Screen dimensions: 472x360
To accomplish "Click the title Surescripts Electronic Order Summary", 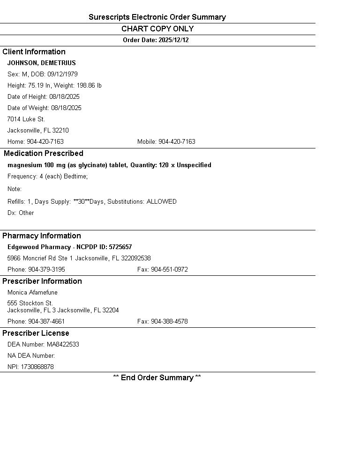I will pos(157,17).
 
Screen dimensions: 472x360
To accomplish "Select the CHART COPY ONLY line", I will pos(157,29).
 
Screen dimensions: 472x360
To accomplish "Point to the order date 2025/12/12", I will pos(173,40).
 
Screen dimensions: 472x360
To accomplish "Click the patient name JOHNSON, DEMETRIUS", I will pos(41,63).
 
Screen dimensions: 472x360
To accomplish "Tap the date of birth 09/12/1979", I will pos(62,74).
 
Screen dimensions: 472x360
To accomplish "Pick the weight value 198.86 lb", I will pos(89,86).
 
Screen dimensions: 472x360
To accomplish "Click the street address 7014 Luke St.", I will pos(26,119).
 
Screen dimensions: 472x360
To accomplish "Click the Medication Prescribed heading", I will pos(44,154).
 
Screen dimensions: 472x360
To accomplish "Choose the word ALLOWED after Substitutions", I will pos(162,202).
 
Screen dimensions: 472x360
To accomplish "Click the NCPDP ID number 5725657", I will pos(120,247).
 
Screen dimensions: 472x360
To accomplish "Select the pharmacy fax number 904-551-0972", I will pos(169,270).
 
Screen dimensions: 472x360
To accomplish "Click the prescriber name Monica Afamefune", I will pos(32,293).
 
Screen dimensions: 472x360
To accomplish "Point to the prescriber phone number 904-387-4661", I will pos(46,322).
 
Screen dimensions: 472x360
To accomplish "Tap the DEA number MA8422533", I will pos(63,345).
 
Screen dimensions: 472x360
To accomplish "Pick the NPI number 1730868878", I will pos(37,367).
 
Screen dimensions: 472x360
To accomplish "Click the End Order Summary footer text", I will pos(157,378).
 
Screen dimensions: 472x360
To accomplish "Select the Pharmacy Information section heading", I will pos(42,236).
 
